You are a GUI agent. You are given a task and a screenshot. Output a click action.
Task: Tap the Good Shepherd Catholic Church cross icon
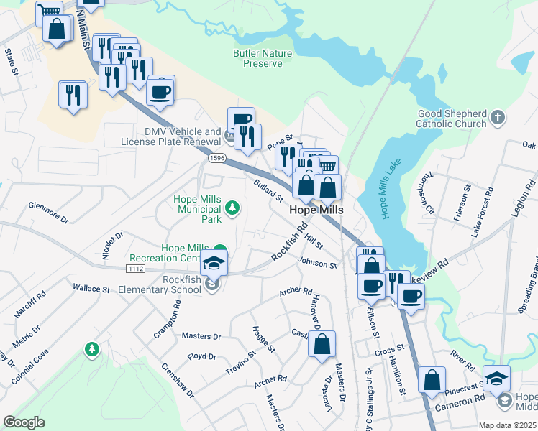(496, 116)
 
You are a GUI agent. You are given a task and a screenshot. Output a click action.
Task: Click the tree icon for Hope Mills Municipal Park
(232, 208)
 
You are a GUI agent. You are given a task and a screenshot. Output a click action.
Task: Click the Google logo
(24, 422)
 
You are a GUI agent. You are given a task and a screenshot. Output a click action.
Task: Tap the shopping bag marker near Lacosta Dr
(322, 343)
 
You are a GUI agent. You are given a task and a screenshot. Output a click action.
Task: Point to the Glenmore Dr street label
(47, 212)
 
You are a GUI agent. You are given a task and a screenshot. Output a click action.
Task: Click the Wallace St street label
(91, 289)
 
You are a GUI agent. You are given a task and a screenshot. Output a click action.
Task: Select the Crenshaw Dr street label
(177, 381)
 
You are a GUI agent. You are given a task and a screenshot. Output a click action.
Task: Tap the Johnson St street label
(317, 264)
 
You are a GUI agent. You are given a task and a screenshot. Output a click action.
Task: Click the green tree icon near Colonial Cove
(91, 349)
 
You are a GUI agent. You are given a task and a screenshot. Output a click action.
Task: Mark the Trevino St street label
(241, 363)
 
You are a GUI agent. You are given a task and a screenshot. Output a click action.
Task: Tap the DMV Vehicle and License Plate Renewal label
(183, 136)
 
